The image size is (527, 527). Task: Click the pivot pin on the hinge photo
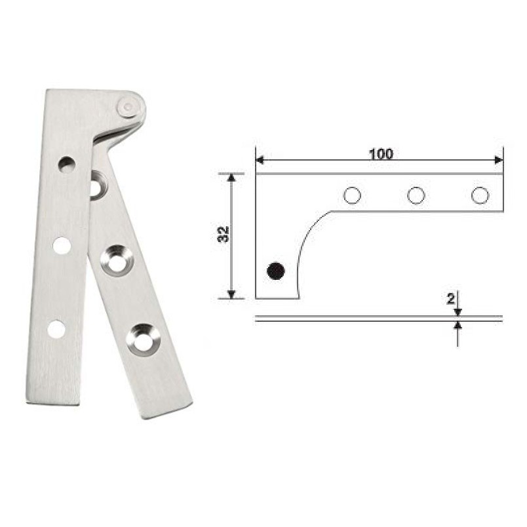[128, 106]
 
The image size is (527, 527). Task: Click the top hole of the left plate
[67, 164]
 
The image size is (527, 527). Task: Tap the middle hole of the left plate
[62, 246]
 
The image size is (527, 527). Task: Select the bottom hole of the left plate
[56, 329]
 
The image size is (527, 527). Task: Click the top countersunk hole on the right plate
[97, 185]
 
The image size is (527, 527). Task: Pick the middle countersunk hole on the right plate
[117, 261]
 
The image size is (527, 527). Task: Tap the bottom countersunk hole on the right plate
[144, 339]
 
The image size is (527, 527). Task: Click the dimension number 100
[380, 154]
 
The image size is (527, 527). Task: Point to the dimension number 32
[224, 235]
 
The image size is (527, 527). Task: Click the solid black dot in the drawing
[276, 270]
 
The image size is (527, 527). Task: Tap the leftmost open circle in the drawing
[353, 195]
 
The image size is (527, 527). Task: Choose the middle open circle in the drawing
[416, 195]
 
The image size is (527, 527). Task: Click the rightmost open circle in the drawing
[480, 195]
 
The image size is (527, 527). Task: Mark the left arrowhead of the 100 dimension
[260, 160]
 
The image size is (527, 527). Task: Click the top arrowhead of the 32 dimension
[231, 178]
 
